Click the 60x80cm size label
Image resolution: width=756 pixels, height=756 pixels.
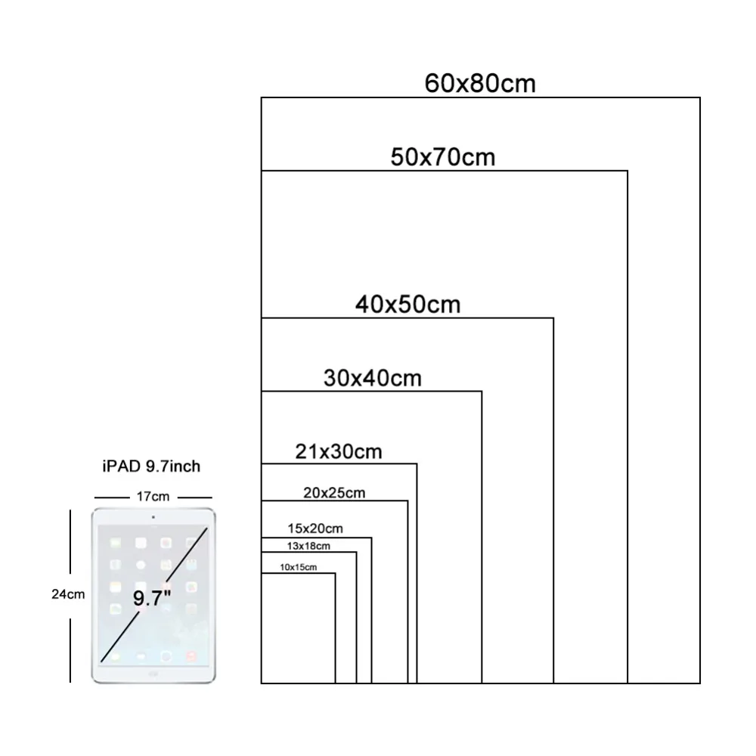point(480,83)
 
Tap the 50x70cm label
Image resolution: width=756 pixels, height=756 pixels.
point(442,157)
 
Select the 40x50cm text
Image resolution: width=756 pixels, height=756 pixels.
point(408,305)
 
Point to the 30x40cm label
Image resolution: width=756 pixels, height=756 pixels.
point(372,378)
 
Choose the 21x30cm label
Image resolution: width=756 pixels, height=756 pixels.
point(339,452)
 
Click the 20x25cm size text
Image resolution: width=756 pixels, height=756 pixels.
point(334,493)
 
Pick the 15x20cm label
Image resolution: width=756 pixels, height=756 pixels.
point(315,528)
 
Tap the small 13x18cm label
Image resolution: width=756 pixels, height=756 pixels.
point(308,547)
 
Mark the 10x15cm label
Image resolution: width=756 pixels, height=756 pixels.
point(299,568)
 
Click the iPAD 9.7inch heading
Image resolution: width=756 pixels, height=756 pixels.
point(151,466)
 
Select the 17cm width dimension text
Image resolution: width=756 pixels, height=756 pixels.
point(153,497)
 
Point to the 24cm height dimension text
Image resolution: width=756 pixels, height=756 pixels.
point(68,594)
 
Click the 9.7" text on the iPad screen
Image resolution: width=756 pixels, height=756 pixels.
point(152,598)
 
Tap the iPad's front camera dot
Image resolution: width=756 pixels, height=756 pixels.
point(153,517)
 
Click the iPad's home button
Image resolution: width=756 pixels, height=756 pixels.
point(153,674)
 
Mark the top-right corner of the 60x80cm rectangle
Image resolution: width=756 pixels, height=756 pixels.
point(699,98)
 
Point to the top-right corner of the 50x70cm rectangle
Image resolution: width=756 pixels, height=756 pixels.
point(627,171)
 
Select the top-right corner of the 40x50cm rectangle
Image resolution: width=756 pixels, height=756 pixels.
point(553,318)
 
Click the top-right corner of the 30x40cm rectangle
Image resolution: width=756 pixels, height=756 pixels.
point(481,392)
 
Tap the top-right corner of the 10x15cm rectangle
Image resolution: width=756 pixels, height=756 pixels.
point(335,573)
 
